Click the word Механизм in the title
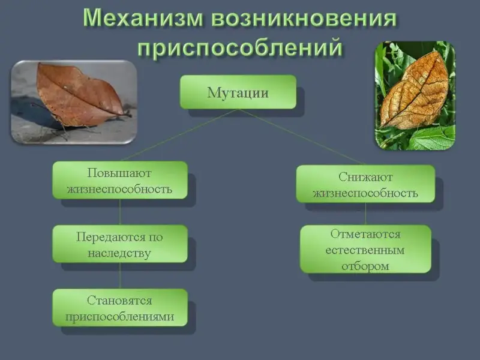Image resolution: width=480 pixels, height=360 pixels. [x=143, y=19]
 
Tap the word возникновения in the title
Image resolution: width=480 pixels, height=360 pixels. [x=304, y=19]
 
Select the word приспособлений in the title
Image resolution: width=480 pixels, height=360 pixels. [x=239, y=48]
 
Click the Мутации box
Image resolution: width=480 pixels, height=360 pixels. [x=238, y=92]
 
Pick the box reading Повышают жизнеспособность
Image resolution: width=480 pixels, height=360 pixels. [x=119, y=181]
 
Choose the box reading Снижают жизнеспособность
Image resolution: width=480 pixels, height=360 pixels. [x=365, y=184]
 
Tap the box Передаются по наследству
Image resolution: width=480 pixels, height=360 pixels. [x=119, y=244]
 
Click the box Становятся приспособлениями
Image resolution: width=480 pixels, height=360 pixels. [x=119, y=308]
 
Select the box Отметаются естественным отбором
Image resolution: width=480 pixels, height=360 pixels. [x=365, y=249]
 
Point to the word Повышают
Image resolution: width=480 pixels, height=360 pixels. [x=119, y=173]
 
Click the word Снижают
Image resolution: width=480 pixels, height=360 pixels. [x=365, y=177]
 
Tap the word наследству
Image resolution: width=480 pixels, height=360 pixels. [x=119, y=253]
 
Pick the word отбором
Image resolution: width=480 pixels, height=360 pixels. [x=365, y=266]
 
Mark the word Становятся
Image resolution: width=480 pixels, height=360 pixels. [x=119, y=301]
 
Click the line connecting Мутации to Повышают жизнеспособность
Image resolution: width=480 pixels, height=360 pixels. [x=179, y=135]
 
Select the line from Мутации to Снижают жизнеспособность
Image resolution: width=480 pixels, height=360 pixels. [x=302, y=137]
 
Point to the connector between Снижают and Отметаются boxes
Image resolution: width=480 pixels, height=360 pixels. [x=365, y=214]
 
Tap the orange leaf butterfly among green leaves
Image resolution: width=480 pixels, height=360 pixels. [x=414, y=91]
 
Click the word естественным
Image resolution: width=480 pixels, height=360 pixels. [x=365, y=250]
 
